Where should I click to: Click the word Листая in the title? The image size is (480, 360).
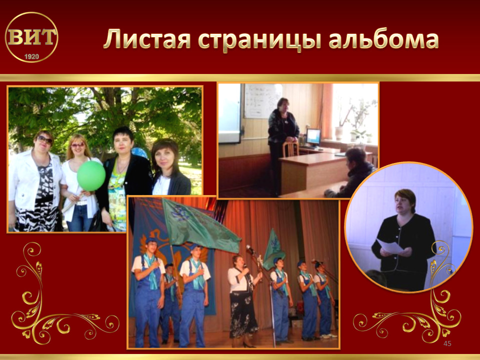[x=147, y=39]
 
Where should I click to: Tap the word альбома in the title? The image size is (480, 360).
[x=383, y=38]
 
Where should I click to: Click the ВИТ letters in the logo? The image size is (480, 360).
[x=31, y=37]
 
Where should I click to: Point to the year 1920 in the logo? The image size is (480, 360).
[x=31, y=56]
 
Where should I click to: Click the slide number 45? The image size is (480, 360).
[x=447, y=343]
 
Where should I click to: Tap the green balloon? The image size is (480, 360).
[x=91, y=176]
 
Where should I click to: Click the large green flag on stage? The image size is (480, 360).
[x=199, y=226]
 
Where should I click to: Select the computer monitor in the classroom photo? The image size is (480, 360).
[x=313, y=137]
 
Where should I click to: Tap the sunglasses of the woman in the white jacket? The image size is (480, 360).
[x=45, y=140]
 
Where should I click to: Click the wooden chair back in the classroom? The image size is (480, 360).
[x=290, y=149]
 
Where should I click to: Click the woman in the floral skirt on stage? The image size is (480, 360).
[x=243, y=301]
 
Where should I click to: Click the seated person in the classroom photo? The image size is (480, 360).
[x=352, y=173]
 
